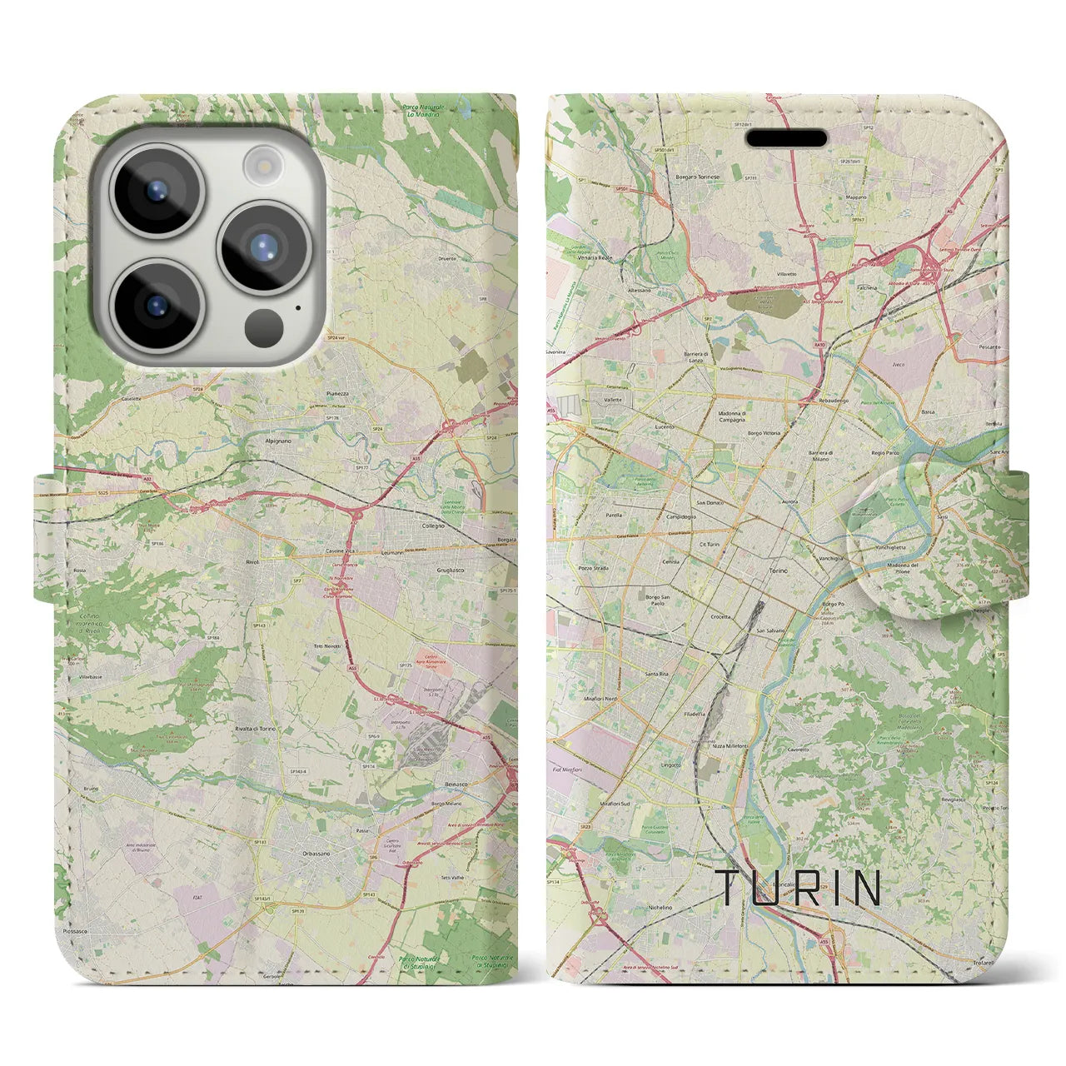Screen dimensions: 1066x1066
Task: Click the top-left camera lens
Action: point(156,189)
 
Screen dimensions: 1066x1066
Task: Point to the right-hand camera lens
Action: point(263,247)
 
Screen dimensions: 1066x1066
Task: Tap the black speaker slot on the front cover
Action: point(785,138)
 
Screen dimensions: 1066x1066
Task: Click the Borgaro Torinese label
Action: point(697,177)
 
